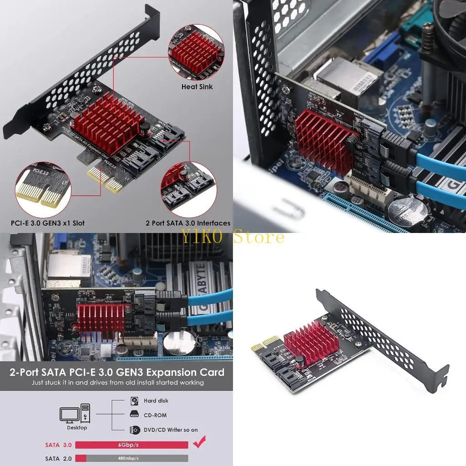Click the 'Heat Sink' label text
point(197,86)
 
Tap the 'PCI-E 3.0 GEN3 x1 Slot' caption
point(48,223)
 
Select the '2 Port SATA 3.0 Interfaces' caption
point(188,223)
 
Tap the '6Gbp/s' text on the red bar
point(131,445)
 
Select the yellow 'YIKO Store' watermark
point(233,237)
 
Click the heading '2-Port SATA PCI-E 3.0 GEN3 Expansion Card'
point(117,372)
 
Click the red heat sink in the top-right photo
point(324,139)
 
